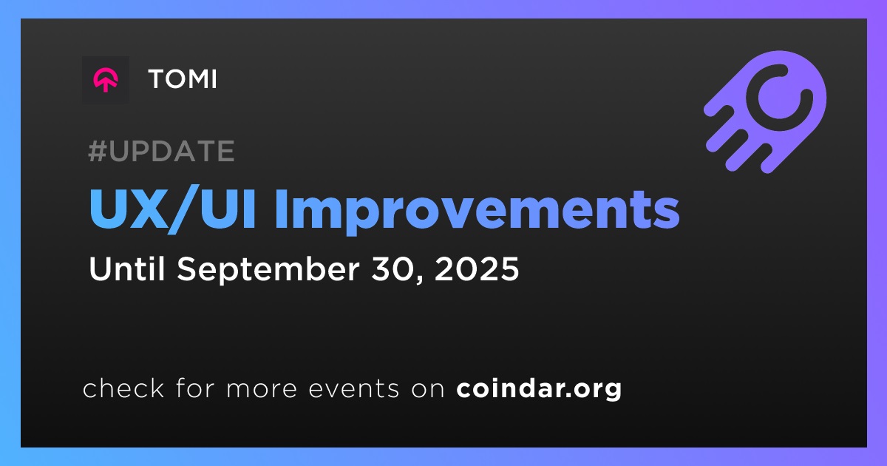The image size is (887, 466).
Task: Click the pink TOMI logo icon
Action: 105,80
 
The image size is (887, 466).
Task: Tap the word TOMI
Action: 183,79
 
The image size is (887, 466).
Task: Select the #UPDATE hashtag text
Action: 161,151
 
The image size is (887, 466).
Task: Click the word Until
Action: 126,269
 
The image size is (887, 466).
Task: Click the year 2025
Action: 476,269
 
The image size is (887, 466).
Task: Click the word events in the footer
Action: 353,389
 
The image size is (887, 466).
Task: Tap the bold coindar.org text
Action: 539,389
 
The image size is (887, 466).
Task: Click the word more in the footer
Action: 262,389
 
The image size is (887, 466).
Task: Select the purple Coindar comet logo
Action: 765,112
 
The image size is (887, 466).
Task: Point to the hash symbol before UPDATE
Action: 98,151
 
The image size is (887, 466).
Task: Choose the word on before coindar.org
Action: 428,389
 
